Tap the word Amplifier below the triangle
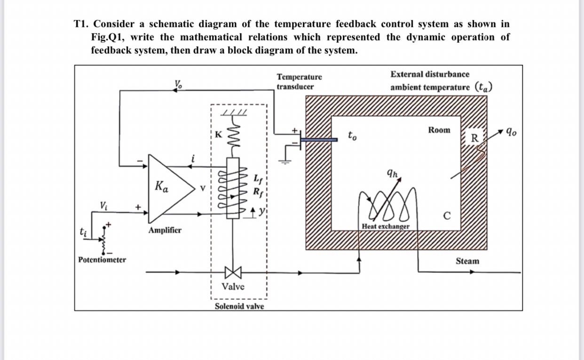click(165, 231)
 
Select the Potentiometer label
click(102, 260)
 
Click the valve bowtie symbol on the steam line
click(233, 272)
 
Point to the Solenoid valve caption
click(239, 306)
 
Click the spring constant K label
click(218, 134)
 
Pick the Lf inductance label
click(257, 179)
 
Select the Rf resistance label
click(258, 192)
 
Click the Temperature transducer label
click(300, 81)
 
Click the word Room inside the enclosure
click(439, 130)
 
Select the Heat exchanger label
click(386, 226)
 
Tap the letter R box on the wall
click(474, 138)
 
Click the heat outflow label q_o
click(511, 132)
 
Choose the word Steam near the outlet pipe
click(467, 261)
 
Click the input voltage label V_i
click(103, 205)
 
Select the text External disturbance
click(429, 74)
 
